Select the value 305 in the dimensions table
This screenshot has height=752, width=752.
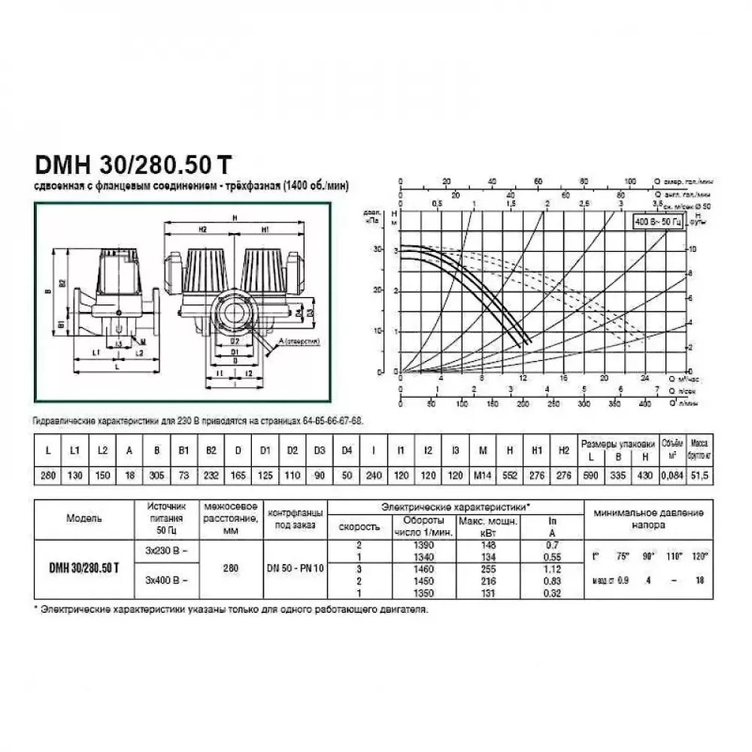(157, 477)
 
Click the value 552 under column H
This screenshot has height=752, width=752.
(510, 477)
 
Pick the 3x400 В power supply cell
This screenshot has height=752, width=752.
(166, 581)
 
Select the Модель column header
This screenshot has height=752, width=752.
(84, 518)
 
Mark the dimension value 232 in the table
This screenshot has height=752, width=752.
(211, 477)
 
